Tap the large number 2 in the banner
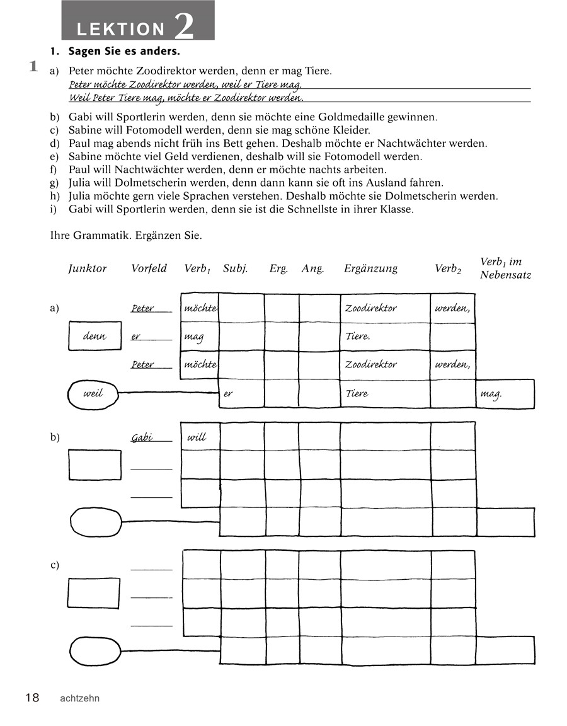click(183, 25)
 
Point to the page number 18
click(32, 698)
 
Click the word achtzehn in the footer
click(79, 698)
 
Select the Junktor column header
click(88, 268)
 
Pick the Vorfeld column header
click(149, 268)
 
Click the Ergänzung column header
click(370, 268)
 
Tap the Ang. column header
click(312, 268)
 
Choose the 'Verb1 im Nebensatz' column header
click(505, 268)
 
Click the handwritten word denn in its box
click(94, 336)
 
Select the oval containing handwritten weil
click(93, 394)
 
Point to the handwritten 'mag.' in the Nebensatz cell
click(491, 394)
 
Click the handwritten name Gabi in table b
click(142, 437)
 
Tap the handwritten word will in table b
click(197, 437)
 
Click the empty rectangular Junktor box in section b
click(94, 465)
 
